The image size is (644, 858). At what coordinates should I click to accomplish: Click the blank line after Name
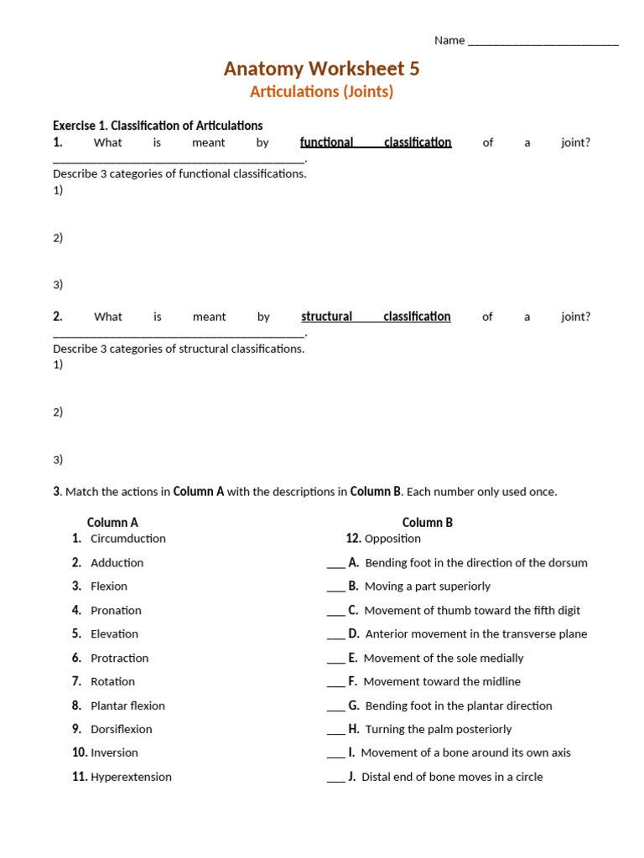[x=543, y=41]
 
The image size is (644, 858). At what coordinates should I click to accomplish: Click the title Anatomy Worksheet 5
[x=321, y=69]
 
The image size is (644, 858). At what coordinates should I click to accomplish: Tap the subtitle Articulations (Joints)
[x=321, y=92]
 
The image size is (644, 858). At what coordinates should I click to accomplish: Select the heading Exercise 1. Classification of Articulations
[x=158, y=126]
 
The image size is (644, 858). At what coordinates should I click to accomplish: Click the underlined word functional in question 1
[x=326, y=142]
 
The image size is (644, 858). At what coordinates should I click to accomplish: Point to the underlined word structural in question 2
[x=326, y=317]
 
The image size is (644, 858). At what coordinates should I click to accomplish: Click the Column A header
[x=112, y=522]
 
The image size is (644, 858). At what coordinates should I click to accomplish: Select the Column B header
[x=427, y=522]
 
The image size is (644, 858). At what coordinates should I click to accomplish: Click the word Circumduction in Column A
[x=128, y=539]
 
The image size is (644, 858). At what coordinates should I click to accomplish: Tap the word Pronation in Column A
[x=116, y=611]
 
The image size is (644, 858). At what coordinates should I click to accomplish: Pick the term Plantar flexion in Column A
[x=127, y=706]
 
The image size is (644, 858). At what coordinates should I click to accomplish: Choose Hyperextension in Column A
[x=131, y=777]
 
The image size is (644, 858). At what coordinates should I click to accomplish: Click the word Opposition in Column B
[x=392, y=539]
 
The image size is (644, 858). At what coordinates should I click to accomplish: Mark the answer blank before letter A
[x=335, y=564]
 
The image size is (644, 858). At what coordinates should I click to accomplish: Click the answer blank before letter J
[x=335, y=778]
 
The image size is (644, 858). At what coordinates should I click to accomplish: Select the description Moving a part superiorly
[x=428, y=587]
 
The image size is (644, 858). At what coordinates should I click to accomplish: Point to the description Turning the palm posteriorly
[x=438, y=729]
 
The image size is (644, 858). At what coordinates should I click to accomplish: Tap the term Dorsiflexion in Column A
[x=122, y=729]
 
